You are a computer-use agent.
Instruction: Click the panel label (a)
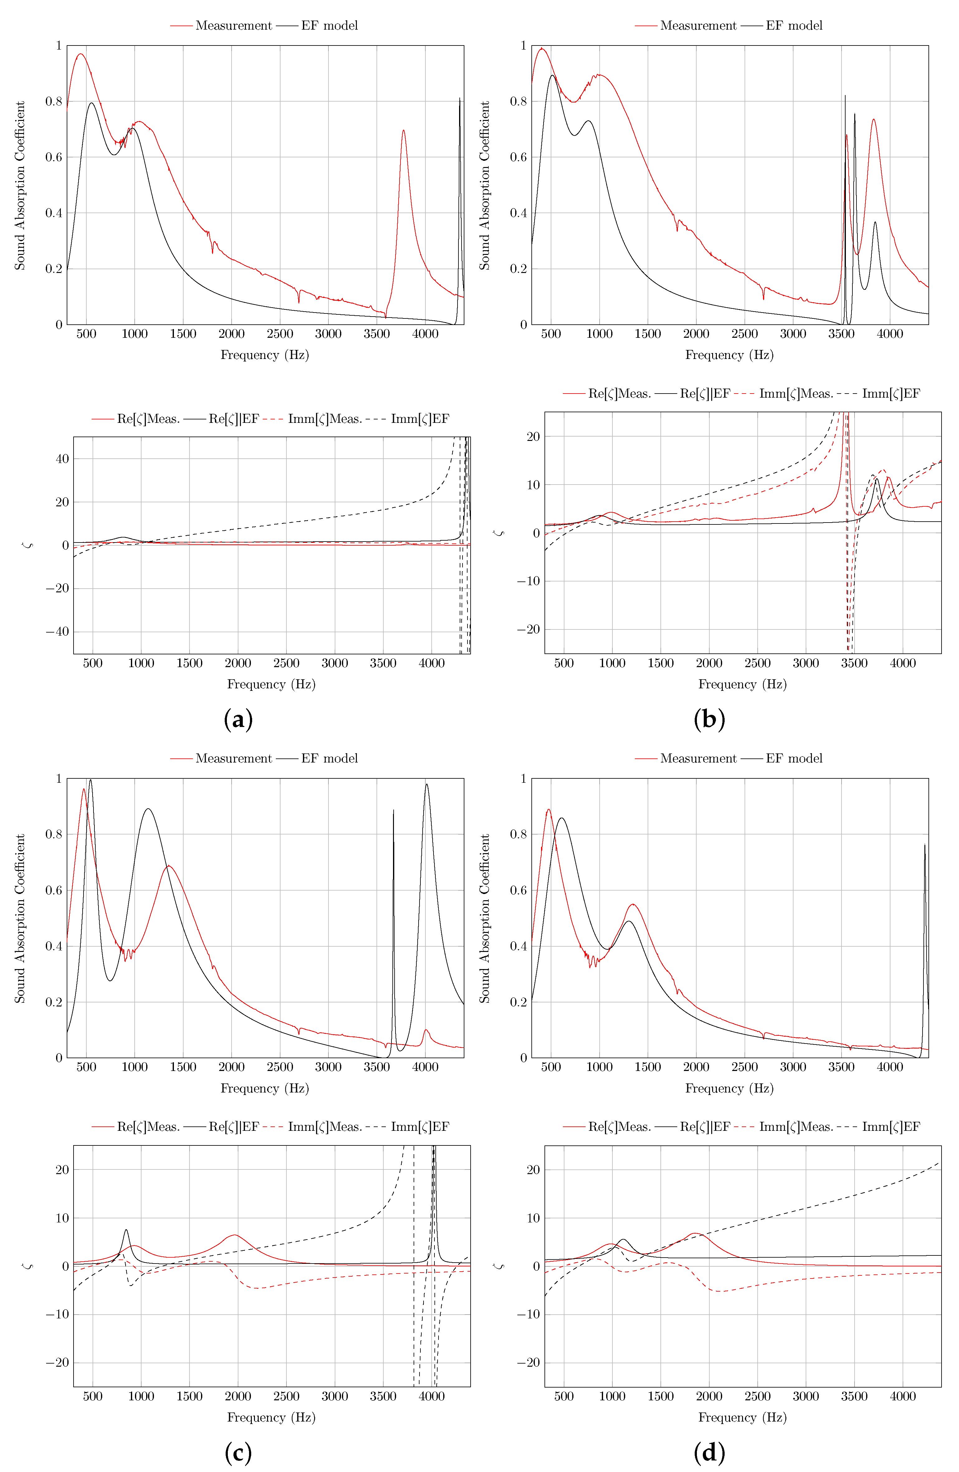coord(238,719)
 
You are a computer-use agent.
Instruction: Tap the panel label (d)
coord(709,1451)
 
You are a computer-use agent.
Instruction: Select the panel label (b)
coord(709,719)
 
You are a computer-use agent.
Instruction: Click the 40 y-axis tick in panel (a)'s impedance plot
coord(62,458)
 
